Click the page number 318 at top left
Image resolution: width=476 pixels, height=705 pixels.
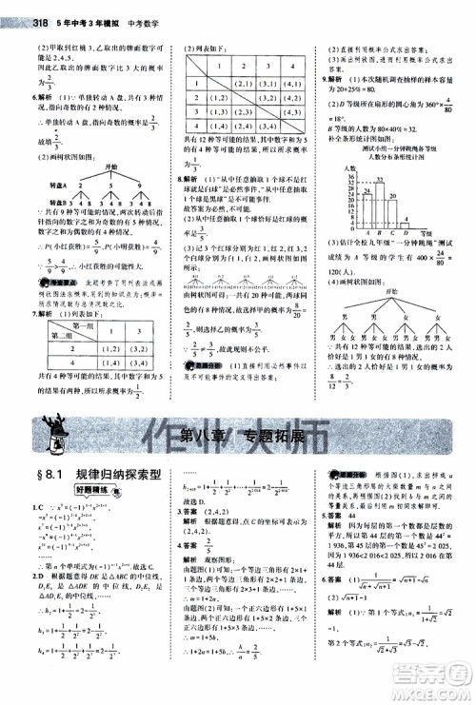click(13, 10)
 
